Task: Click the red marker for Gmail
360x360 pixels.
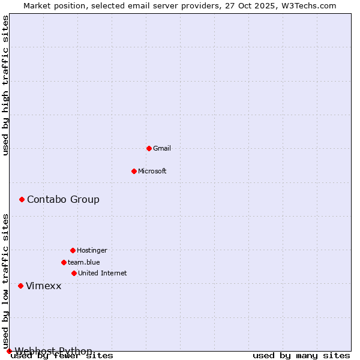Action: click(149, 148)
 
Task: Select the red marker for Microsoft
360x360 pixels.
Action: click(134, 171)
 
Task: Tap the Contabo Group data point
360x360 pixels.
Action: click(22, 199)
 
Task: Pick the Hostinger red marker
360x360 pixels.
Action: click(73, 250)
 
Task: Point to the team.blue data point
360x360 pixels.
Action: click(64, 262)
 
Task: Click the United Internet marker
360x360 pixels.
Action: click(74, 273)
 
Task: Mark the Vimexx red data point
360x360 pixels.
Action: click(20, 286)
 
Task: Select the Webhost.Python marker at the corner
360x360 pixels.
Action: click(9, 351)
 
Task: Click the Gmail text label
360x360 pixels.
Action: click(162, 148)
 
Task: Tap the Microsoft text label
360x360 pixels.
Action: click(152, 171)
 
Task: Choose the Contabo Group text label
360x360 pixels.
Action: click(63, 199)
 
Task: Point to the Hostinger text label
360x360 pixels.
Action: click(92, 250)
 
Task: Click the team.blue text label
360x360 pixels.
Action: click(84, 262)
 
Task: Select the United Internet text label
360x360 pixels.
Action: click(103, 273)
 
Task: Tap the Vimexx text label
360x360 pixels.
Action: click(43, 286)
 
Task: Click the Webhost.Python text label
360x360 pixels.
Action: click(53, 351)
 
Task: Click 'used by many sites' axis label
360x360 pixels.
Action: click(301, 356)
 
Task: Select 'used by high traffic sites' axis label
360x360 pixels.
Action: click(6, 85)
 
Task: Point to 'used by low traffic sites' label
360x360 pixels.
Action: click(6, 282)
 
